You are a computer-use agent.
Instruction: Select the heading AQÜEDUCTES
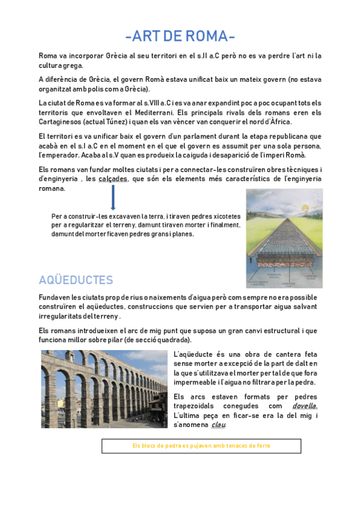click(x=76, y=280)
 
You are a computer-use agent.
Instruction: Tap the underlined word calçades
click(x=113, y=179)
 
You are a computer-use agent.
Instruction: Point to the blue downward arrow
click(x=113, y=198)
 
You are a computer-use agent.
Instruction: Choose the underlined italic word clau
click(x=218, y=425)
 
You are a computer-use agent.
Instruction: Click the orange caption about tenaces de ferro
click(x=201, y=446)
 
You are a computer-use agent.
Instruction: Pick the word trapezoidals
click(x=197, y=406)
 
